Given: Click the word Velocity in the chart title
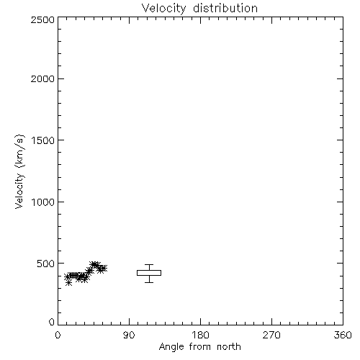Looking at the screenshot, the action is (x=163, y=9).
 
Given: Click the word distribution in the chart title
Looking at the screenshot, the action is (x=225, y=8).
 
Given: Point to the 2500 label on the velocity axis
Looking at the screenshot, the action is (x=42, y=19).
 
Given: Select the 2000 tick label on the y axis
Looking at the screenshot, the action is (x=42, y=78).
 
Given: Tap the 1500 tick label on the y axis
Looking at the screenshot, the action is (x=43, y=140).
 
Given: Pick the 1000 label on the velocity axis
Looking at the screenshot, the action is (x=43, y=202).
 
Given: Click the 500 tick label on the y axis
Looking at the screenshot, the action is (x=46, y=264).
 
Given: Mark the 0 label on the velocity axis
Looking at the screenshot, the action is (x=52, y=322).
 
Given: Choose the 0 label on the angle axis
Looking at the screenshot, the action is (x=58, y=335).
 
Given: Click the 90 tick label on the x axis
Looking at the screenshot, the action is (x=129, y=335).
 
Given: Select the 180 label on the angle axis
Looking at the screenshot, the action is (x=200, y=335).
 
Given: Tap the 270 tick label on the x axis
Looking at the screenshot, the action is (x=271, y=335).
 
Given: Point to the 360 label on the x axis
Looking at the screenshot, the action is (x=343, y=335).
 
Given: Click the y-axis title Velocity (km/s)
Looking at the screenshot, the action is (x=19, y=171).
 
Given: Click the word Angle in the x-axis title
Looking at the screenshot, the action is (x=171, y=347).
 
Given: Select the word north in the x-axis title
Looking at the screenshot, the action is (x=229, y=346).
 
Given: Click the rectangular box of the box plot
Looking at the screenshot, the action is (x=149, y=270).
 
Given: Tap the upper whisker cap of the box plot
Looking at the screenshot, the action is (x=149, y=264).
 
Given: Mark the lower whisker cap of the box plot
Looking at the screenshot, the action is (x=149, y=282).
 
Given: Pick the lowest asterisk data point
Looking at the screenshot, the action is (x=68, y=283).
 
